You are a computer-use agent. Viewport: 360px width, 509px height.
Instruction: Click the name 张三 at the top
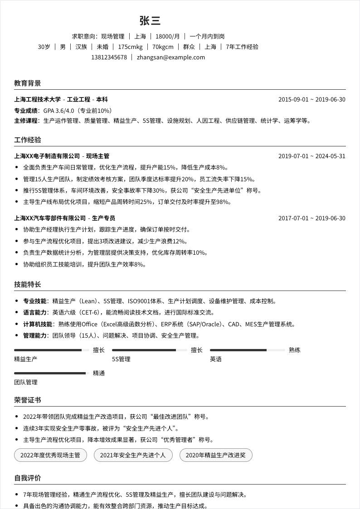pos(150,21)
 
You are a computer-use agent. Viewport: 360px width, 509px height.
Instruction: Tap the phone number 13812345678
pos(109,58)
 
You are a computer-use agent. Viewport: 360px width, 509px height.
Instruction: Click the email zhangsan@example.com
pos(171,58)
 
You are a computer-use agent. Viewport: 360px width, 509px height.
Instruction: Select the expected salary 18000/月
pos(168,36)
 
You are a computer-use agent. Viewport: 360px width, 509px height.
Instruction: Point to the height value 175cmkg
pos(130,47)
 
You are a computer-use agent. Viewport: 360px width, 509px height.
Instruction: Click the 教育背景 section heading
pos(28,83)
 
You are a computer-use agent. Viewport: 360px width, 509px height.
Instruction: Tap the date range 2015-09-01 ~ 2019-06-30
pos(311,99)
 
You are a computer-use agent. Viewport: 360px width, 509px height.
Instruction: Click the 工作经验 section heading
pos(28,140)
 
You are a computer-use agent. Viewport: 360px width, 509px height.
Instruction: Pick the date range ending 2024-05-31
pos(311,156)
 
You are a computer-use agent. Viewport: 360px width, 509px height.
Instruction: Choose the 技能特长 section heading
pos(28,284)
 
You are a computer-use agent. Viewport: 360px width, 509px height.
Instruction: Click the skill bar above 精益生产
pos(52,350)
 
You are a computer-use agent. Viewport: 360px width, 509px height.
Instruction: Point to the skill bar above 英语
pos(248,350)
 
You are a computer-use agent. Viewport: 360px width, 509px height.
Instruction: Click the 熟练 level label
pos(295,350)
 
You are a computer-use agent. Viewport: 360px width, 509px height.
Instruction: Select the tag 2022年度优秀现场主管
pos(50,455)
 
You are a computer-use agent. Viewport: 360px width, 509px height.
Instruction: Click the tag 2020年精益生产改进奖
pos(215,455)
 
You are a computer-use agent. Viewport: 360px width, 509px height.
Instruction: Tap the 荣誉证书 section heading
pos(28,400)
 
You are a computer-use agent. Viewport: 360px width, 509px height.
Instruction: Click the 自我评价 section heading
pos(28,478)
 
